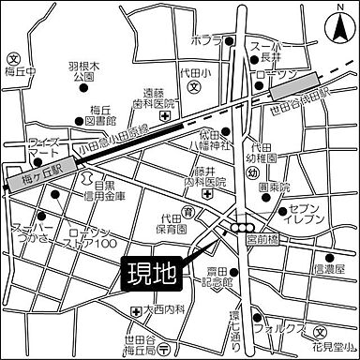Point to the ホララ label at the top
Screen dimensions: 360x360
pos(205,41)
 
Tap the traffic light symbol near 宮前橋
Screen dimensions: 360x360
pos(246,227)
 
